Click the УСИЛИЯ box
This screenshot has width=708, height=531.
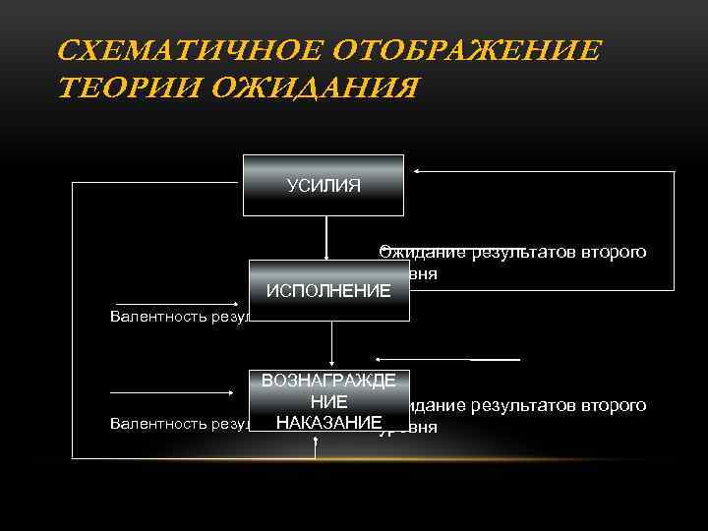coord(324,185)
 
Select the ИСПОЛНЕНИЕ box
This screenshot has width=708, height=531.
coord(328,291)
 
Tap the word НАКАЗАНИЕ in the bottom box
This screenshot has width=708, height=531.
coord(328,422)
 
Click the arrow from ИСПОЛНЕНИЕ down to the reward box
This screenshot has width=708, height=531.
coord(332,344)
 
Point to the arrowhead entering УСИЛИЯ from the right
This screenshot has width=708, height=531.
coord(417,171)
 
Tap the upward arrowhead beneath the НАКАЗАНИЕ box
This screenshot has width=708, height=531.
coord(315,442)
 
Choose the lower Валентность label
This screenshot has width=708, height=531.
coord(178,424)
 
